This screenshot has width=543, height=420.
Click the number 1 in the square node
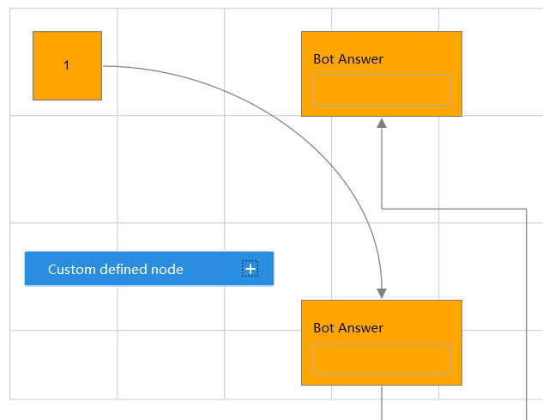pos(67,66)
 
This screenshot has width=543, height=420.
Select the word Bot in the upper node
pos(323,59)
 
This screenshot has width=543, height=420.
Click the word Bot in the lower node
pos(323,328)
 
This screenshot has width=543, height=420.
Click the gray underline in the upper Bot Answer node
pos(383,106)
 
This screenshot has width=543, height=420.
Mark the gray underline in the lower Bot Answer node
pos(383,344)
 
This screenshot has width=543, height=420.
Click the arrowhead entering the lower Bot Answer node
pos(382,294)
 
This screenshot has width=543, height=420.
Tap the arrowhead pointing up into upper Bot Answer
pos(382,123)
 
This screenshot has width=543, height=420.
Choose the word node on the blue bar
pos(168,270)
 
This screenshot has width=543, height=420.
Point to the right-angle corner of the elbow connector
pos(525,209)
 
